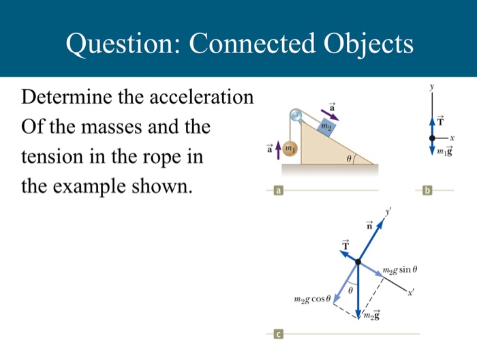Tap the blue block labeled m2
point(327,127)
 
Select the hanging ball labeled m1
point(290,148)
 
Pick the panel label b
point(427,192)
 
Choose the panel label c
point(278,334)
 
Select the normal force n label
point(369,226)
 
